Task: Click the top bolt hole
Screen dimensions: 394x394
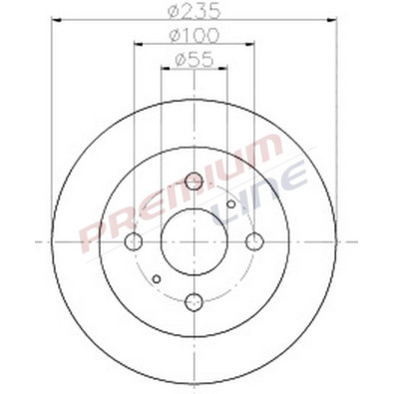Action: click(195, 181)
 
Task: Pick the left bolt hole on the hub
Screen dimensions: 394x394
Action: click(134, 241)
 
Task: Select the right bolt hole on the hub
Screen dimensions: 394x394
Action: click(255, 241)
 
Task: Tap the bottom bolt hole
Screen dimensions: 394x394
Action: click(195, 301)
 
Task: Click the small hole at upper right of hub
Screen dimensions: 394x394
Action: click(231, 204)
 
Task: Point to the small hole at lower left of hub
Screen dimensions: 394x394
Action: click(157, 278)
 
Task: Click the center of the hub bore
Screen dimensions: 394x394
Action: click(195, 241)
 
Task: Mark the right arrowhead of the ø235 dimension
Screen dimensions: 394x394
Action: click(336, 19)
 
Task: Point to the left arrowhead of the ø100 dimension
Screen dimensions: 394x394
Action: click(136, 44)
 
